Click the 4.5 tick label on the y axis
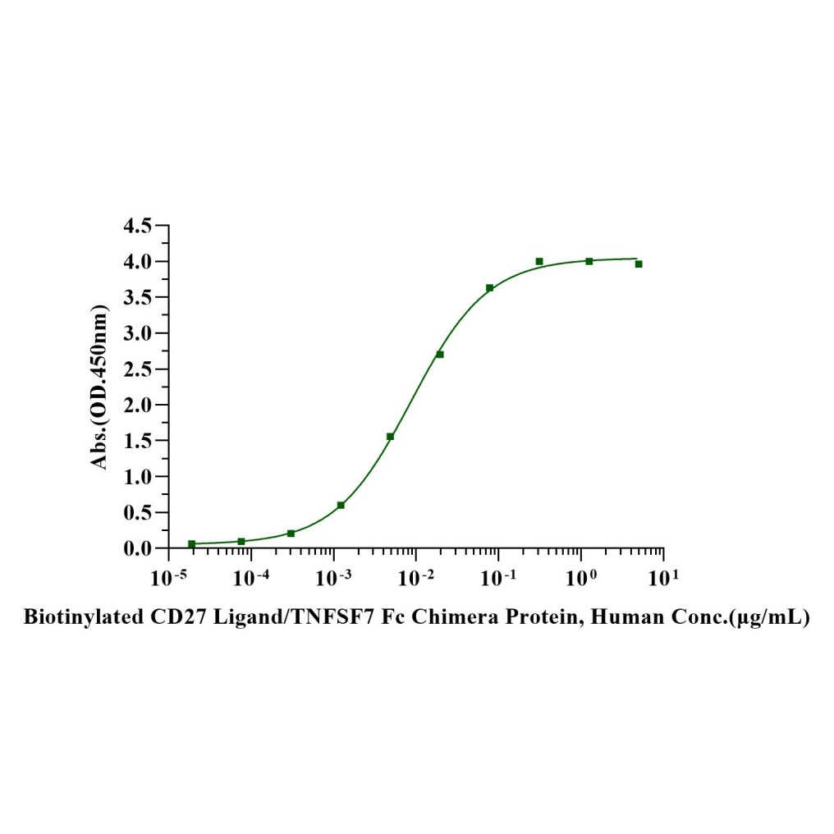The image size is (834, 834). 137,226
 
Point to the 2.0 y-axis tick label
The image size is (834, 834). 137,405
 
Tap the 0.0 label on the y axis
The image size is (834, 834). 137,548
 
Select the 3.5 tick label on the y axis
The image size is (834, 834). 137,297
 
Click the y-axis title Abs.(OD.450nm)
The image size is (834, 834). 100,387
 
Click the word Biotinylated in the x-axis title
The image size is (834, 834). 71,617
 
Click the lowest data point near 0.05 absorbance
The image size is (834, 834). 192,544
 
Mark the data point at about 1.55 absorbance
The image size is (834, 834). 390,437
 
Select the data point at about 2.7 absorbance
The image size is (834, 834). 440,355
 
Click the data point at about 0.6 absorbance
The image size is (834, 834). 341,505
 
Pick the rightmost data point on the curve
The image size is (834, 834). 639,264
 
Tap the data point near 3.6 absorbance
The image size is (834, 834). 489,288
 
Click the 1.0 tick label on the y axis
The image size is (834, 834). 137,477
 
